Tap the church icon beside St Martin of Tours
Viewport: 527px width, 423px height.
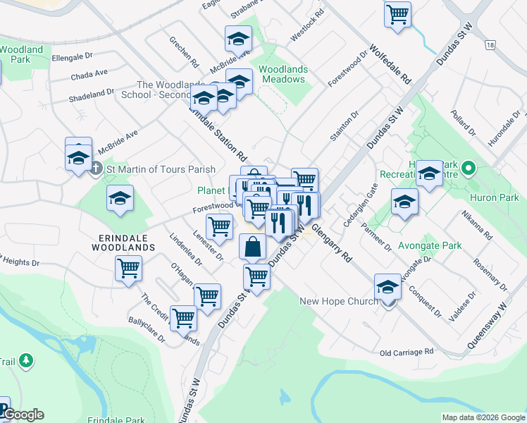coord(96,169)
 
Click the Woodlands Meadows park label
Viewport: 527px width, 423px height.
coord(283,74)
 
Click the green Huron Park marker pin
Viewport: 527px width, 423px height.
coord(473,169)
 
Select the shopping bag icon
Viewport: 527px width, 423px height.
coord(252,247)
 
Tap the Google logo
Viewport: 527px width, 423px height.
coord(23,415)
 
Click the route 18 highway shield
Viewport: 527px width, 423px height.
coord(490,44)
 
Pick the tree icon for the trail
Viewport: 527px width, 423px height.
coord(27,361)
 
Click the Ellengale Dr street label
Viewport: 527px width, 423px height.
coord(72,56)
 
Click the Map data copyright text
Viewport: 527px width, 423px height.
coord(483,417)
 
